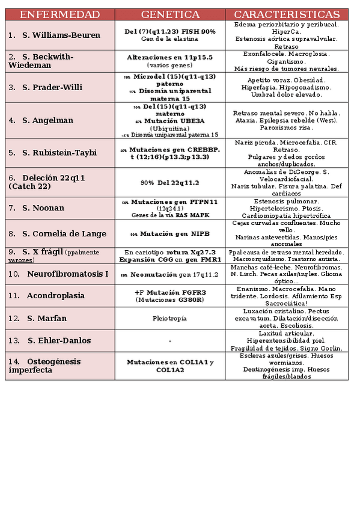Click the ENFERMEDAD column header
pyautogui.click(x=59, y=14)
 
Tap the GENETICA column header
pyautogui.click(x=170, y=14)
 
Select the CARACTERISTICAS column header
pyautogui.click(x=286, y=14)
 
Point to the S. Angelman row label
pyautogui.click(x=47, y=120)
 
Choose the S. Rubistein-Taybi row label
pyautogui.click(x=59, y=153)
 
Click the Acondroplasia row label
pyautogui.click(x=55, y=296)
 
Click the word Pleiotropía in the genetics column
pyautogui.click(x=170, y=318)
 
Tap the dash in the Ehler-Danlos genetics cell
pyautogui.click(x=170, y=341)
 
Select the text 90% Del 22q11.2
pyautogui.click(x=169, y=182)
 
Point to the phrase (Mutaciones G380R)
pyautogui.click(x=169, y=300)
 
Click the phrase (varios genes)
pyautogui.click(x=169, y=65)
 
